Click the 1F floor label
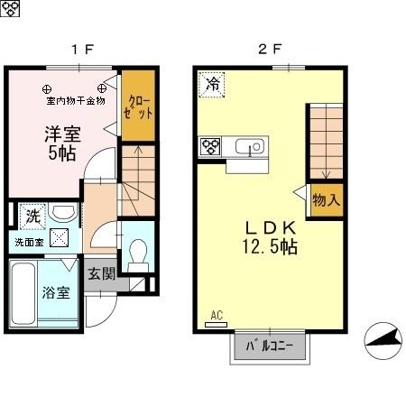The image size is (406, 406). point(83,50)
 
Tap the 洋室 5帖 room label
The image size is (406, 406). point(63,143)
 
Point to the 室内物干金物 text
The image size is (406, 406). point(75,100)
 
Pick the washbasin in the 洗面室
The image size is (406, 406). point(63,214)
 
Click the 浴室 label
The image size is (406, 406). point(54,292)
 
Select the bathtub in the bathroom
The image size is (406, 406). point(23,293)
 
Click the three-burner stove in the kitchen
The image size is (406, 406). point(211,146)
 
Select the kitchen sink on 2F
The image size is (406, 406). point(247,146)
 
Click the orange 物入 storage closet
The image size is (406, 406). point(326,199)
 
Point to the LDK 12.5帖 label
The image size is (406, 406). point(269,235)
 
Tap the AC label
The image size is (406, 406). point(216,315)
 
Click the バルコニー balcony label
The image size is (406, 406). point(270,347)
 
